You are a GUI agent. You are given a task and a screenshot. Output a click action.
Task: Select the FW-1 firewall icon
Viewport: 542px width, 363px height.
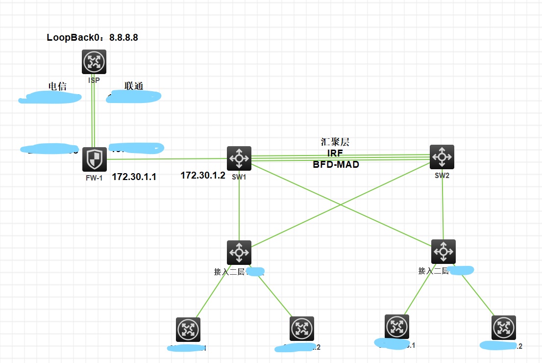94,159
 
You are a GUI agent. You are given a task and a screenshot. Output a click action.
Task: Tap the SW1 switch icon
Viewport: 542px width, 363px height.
239,158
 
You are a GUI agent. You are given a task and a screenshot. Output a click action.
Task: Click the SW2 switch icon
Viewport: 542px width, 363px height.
442,157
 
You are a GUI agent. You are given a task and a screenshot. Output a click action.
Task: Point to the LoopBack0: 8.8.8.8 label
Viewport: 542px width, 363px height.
93,37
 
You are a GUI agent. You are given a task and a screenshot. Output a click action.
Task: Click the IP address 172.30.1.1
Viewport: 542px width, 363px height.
134,177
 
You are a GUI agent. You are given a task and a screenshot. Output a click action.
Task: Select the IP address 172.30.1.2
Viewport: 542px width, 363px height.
203,175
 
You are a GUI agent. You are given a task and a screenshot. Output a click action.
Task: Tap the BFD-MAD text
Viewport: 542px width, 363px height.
336,165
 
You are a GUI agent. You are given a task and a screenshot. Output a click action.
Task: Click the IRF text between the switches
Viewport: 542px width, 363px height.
335,154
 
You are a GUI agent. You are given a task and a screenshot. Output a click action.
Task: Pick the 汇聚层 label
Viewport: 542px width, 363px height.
335,143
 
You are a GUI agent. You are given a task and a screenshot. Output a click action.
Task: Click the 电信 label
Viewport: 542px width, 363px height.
57,87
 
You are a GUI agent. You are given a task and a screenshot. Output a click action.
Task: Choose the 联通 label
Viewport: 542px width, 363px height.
134,86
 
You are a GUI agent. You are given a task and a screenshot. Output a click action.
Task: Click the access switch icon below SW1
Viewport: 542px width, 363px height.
239,252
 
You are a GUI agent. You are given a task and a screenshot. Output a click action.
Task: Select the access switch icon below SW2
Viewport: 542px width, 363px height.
443,251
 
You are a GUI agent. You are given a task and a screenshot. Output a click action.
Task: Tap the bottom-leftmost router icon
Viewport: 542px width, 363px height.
188,329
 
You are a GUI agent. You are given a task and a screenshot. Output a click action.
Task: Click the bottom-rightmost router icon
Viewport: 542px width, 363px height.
504,327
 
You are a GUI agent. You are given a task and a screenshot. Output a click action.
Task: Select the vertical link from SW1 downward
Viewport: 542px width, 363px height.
239,211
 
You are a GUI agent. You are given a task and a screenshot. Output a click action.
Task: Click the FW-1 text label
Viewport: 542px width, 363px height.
94,178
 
